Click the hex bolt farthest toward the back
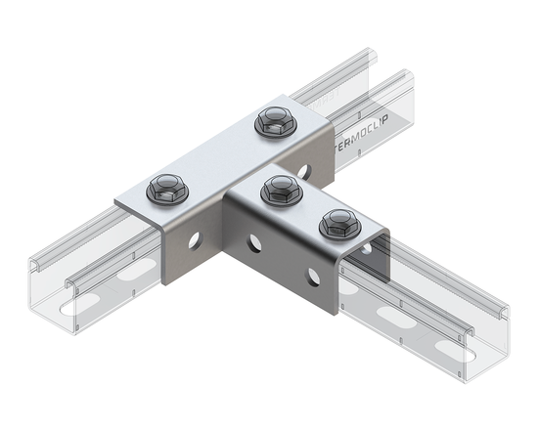coord(271,123)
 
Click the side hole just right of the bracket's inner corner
coord(254,240)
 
